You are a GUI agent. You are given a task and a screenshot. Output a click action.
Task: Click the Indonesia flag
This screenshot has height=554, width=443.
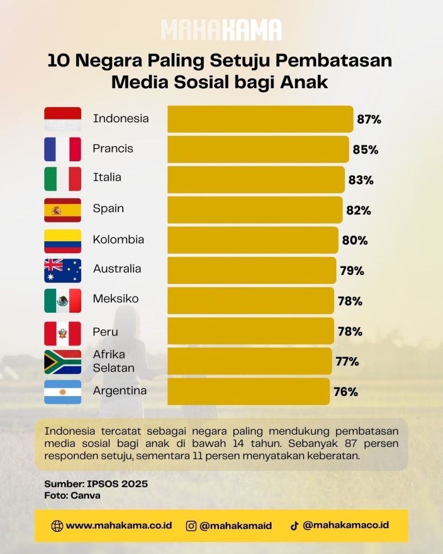[x=63, y=119]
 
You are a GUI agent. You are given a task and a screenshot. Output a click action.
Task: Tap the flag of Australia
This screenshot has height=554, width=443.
[x=63, y=271]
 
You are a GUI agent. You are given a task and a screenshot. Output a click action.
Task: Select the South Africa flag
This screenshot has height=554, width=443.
[x=63, y=362]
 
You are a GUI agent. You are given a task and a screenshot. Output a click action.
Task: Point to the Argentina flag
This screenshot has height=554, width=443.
[x=63, y=392]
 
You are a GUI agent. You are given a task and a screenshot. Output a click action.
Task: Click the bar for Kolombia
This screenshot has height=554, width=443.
[x=253, y=240]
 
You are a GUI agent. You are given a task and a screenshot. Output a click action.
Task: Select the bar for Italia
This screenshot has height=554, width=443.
[x=256, y=180]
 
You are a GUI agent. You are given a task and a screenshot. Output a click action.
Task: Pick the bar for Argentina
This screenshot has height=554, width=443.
[x=249, y=392]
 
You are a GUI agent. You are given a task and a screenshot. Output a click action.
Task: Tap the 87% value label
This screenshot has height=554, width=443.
[x=369, y=120]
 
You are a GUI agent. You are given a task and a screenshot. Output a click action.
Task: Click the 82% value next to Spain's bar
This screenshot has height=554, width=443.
[x=359, y=210]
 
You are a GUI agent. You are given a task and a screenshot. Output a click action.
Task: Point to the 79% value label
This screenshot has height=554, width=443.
[x=352, y=271]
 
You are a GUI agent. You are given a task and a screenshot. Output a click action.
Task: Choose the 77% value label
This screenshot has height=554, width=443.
[x=347, y=361]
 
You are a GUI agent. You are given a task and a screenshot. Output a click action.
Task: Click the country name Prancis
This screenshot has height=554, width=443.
[x=113, y=148]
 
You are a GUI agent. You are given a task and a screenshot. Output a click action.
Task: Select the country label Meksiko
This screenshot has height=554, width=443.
[x=116, y=299]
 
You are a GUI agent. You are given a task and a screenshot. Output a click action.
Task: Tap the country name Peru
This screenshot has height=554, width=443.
[x=105, y=332]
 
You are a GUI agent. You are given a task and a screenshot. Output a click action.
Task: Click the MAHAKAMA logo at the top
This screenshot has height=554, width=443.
[x=222, y=30]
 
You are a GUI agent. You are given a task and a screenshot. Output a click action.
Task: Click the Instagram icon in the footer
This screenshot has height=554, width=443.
[x=191, y=526]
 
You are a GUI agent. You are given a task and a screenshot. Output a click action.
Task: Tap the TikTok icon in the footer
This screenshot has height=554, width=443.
[x=294, y=526]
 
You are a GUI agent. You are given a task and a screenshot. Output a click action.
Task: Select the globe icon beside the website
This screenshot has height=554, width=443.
[x=57, y=526]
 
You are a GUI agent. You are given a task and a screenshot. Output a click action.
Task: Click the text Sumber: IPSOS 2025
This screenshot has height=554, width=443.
[x=96, y=484]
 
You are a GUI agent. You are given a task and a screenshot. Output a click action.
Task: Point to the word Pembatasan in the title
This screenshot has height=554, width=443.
[x=334, y=61]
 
